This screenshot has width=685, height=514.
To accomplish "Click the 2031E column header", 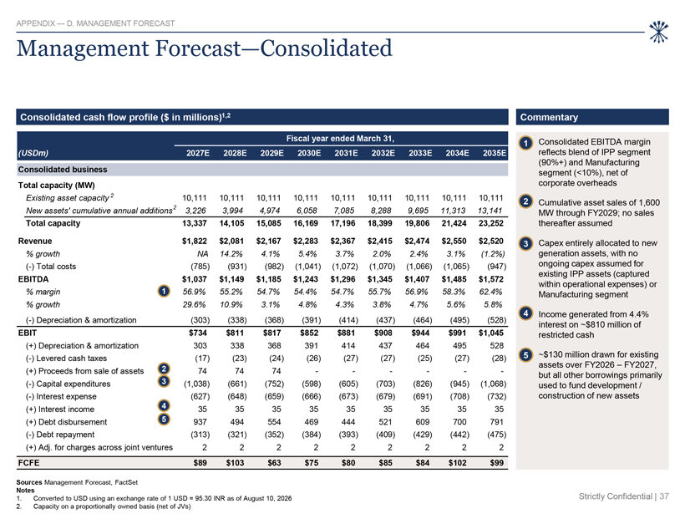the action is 346,153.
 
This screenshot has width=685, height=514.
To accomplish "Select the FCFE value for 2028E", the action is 235,462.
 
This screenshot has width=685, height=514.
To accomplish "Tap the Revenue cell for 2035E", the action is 491,241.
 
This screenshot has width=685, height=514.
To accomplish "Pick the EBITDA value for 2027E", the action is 195,279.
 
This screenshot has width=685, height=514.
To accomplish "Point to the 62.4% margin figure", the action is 493,292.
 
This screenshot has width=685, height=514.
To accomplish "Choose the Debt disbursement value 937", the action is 200,422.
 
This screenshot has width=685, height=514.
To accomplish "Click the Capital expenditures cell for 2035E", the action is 493,384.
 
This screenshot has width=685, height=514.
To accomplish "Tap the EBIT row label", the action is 27,333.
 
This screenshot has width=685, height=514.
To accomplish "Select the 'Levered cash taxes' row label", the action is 71,358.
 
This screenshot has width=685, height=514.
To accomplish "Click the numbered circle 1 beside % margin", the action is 164,291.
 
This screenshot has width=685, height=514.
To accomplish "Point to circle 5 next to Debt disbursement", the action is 164,420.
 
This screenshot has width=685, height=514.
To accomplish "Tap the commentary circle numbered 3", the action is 526,243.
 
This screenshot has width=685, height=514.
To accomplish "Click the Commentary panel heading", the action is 549,117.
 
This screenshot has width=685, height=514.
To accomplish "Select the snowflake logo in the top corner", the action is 658,32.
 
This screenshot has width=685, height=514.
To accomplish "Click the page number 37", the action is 664,496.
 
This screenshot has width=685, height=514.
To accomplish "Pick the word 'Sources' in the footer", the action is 29,482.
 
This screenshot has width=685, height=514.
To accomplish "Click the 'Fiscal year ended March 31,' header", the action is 340,139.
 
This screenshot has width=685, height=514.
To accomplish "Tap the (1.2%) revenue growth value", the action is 493,253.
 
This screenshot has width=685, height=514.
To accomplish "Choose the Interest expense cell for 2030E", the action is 308,396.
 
